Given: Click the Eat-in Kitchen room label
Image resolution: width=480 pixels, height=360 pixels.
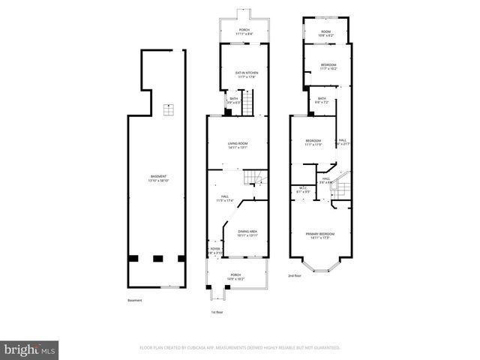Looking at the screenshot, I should click(236, 74).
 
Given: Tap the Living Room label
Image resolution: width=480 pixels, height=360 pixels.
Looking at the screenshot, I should click(238, 145).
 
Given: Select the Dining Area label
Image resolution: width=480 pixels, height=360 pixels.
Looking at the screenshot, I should click(247, 233).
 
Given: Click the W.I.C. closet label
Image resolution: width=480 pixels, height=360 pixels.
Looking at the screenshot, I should click(303, 190).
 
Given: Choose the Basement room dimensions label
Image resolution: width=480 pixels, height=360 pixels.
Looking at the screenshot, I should click(158, 178).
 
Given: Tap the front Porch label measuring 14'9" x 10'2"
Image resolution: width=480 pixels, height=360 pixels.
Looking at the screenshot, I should click(235, 276).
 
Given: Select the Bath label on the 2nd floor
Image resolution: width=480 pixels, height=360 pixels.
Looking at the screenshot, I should click(322, 100).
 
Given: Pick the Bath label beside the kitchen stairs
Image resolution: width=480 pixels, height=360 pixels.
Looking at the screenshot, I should click(234, 100).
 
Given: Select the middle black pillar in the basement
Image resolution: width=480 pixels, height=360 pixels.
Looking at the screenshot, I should click(157, 259).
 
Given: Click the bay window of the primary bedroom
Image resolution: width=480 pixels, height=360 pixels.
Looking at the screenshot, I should click(319, 266).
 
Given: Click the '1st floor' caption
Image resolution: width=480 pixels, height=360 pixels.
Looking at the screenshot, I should click(217, 311).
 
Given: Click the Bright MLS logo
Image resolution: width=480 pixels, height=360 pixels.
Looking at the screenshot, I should click(30, 349).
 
